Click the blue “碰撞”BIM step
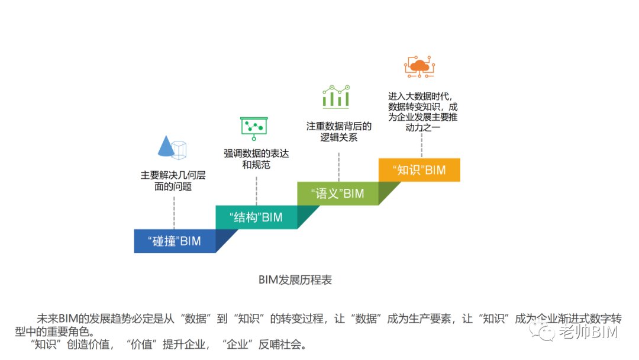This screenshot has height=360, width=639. (x=175, y=241)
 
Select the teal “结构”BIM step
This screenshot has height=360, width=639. (x=256, y=217)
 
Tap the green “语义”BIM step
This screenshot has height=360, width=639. (x=338, y=194)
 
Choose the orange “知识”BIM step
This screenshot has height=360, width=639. (x=419, y=170)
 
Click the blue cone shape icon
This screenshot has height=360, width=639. (x=166, y=146)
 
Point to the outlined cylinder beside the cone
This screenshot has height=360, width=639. (x=179, y=150)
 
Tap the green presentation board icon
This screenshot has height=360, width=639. (x=254, y=128)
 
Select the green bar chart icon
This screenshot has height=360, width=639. (x=336, y=97)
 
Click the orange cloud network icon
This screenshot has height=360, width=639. (x=419, y=66)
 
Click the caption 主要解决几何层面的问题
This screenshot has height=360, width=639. (x=173, y=181)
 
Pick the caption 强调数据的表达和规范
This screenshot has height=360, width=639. (x=256, y=159)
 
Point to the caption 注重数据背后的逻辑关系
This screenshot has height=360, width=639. (x=338, y=131)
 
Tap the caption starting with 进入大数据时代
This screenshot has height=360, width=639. (x=422, y=112)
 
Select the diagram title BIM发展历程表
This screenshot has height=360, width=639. (x=295, y=279)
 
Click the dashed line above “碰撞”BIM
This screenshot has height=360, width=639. (x=174, y=213)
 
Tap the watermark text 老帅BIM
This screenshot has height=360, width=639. (x=589, y=332)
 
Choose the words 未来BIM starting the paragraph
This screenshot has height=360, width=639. (x=57, y=319)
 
